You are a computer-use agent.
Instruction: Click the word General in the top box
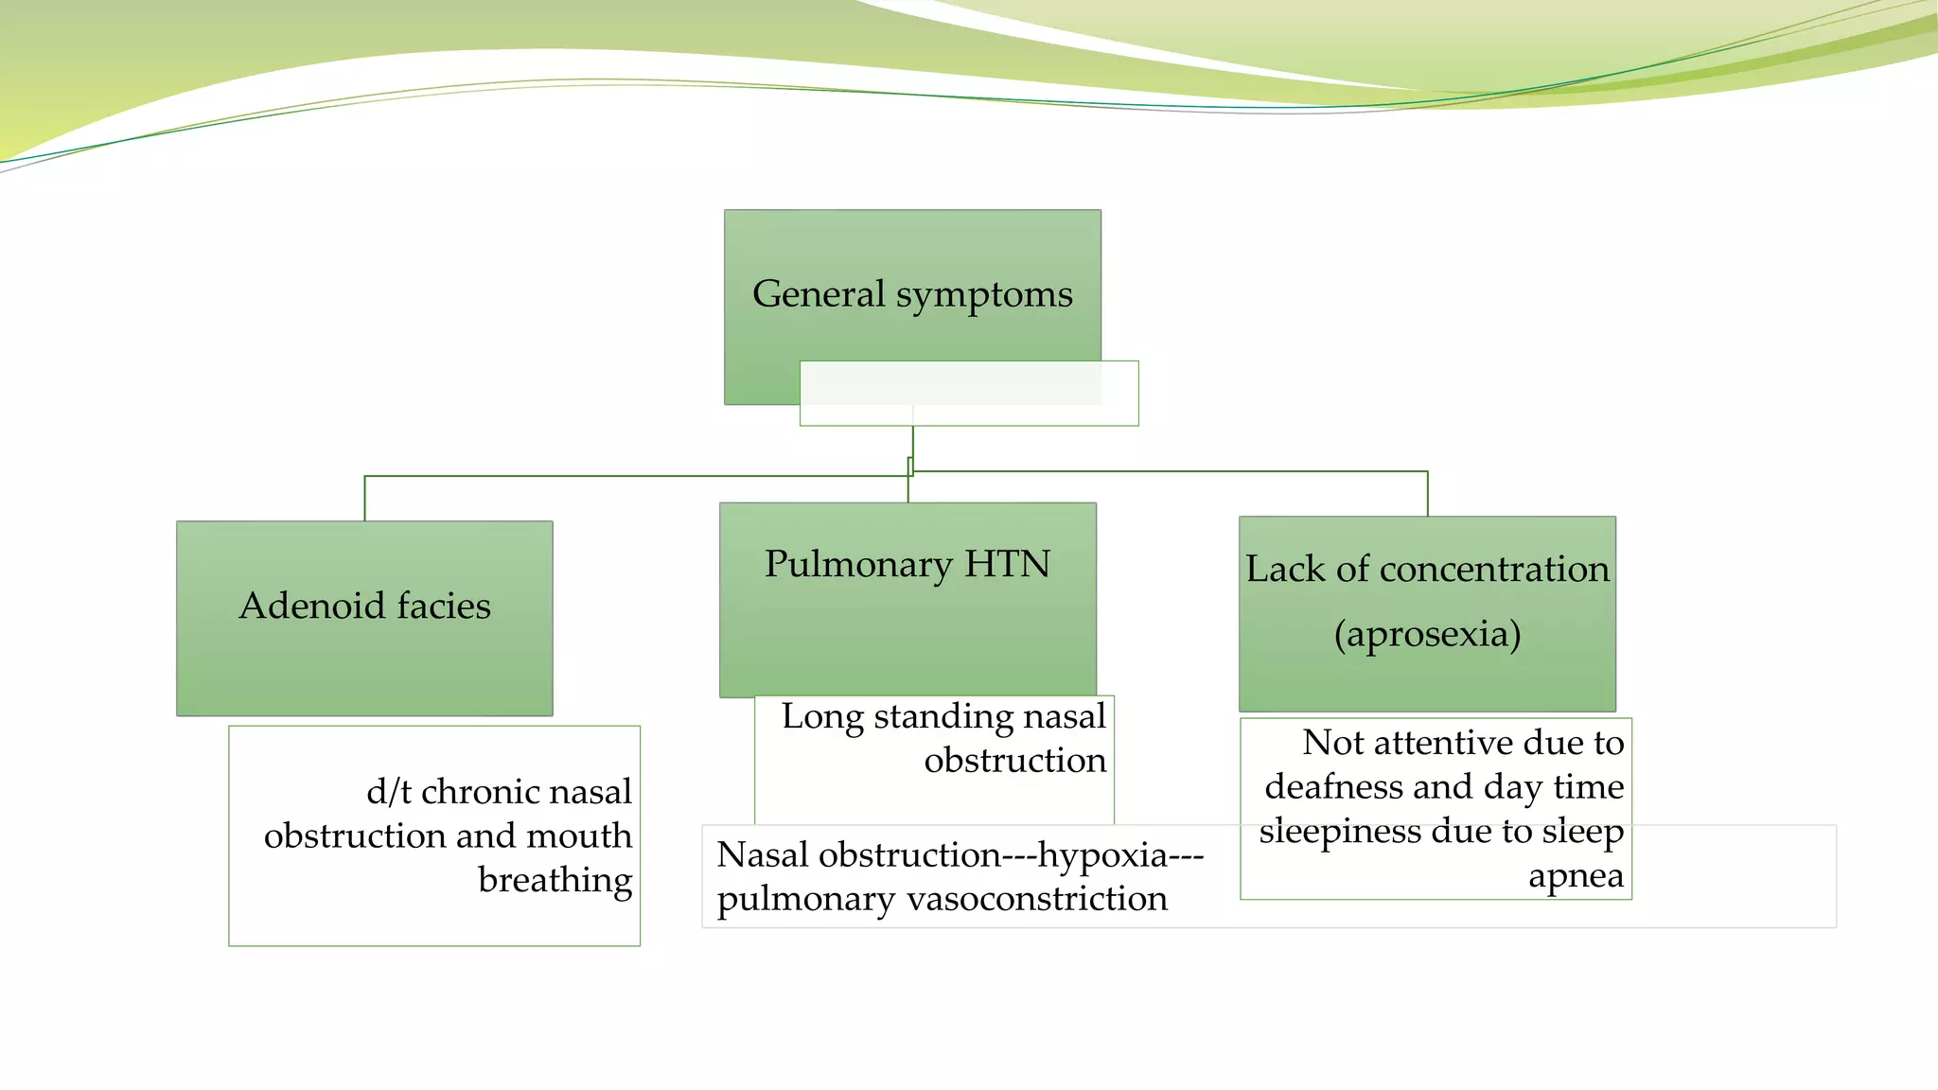[x=819, y=293]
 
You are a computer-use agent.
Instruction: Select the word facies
[x=444, y=606]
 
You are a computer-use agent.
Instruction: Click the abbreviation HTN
[x=1007, y=564]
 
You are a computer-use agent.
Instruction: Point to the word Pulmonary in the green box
[x=858, y=565]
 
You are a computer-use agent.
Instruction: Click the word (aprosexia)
[x=1427, y=634]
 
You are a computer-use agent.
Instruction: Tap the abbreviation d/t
[x=388, y=791]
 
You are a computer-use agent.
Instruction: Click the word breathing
[x=555, y=880]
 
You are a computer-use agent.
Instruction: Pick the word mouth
[x=578, y=835]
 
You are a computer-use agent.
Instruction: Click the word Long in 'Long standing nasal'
[x=821, y=716]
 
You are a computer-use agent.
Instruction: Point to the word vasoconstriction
[x=1036, y=898]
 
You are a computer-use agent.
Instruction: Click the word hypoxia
[x=1102, y=854]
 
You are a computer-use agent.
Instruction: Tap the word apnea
[x=1576, y=876]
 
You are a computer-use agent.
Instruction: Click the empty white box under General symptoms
[x=969, y=394]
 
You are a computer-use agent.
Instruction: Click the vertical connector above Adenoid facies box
[x=365, y=499]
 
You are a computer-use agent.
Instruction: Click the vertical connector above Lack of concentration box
[x=1427, y=493]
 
